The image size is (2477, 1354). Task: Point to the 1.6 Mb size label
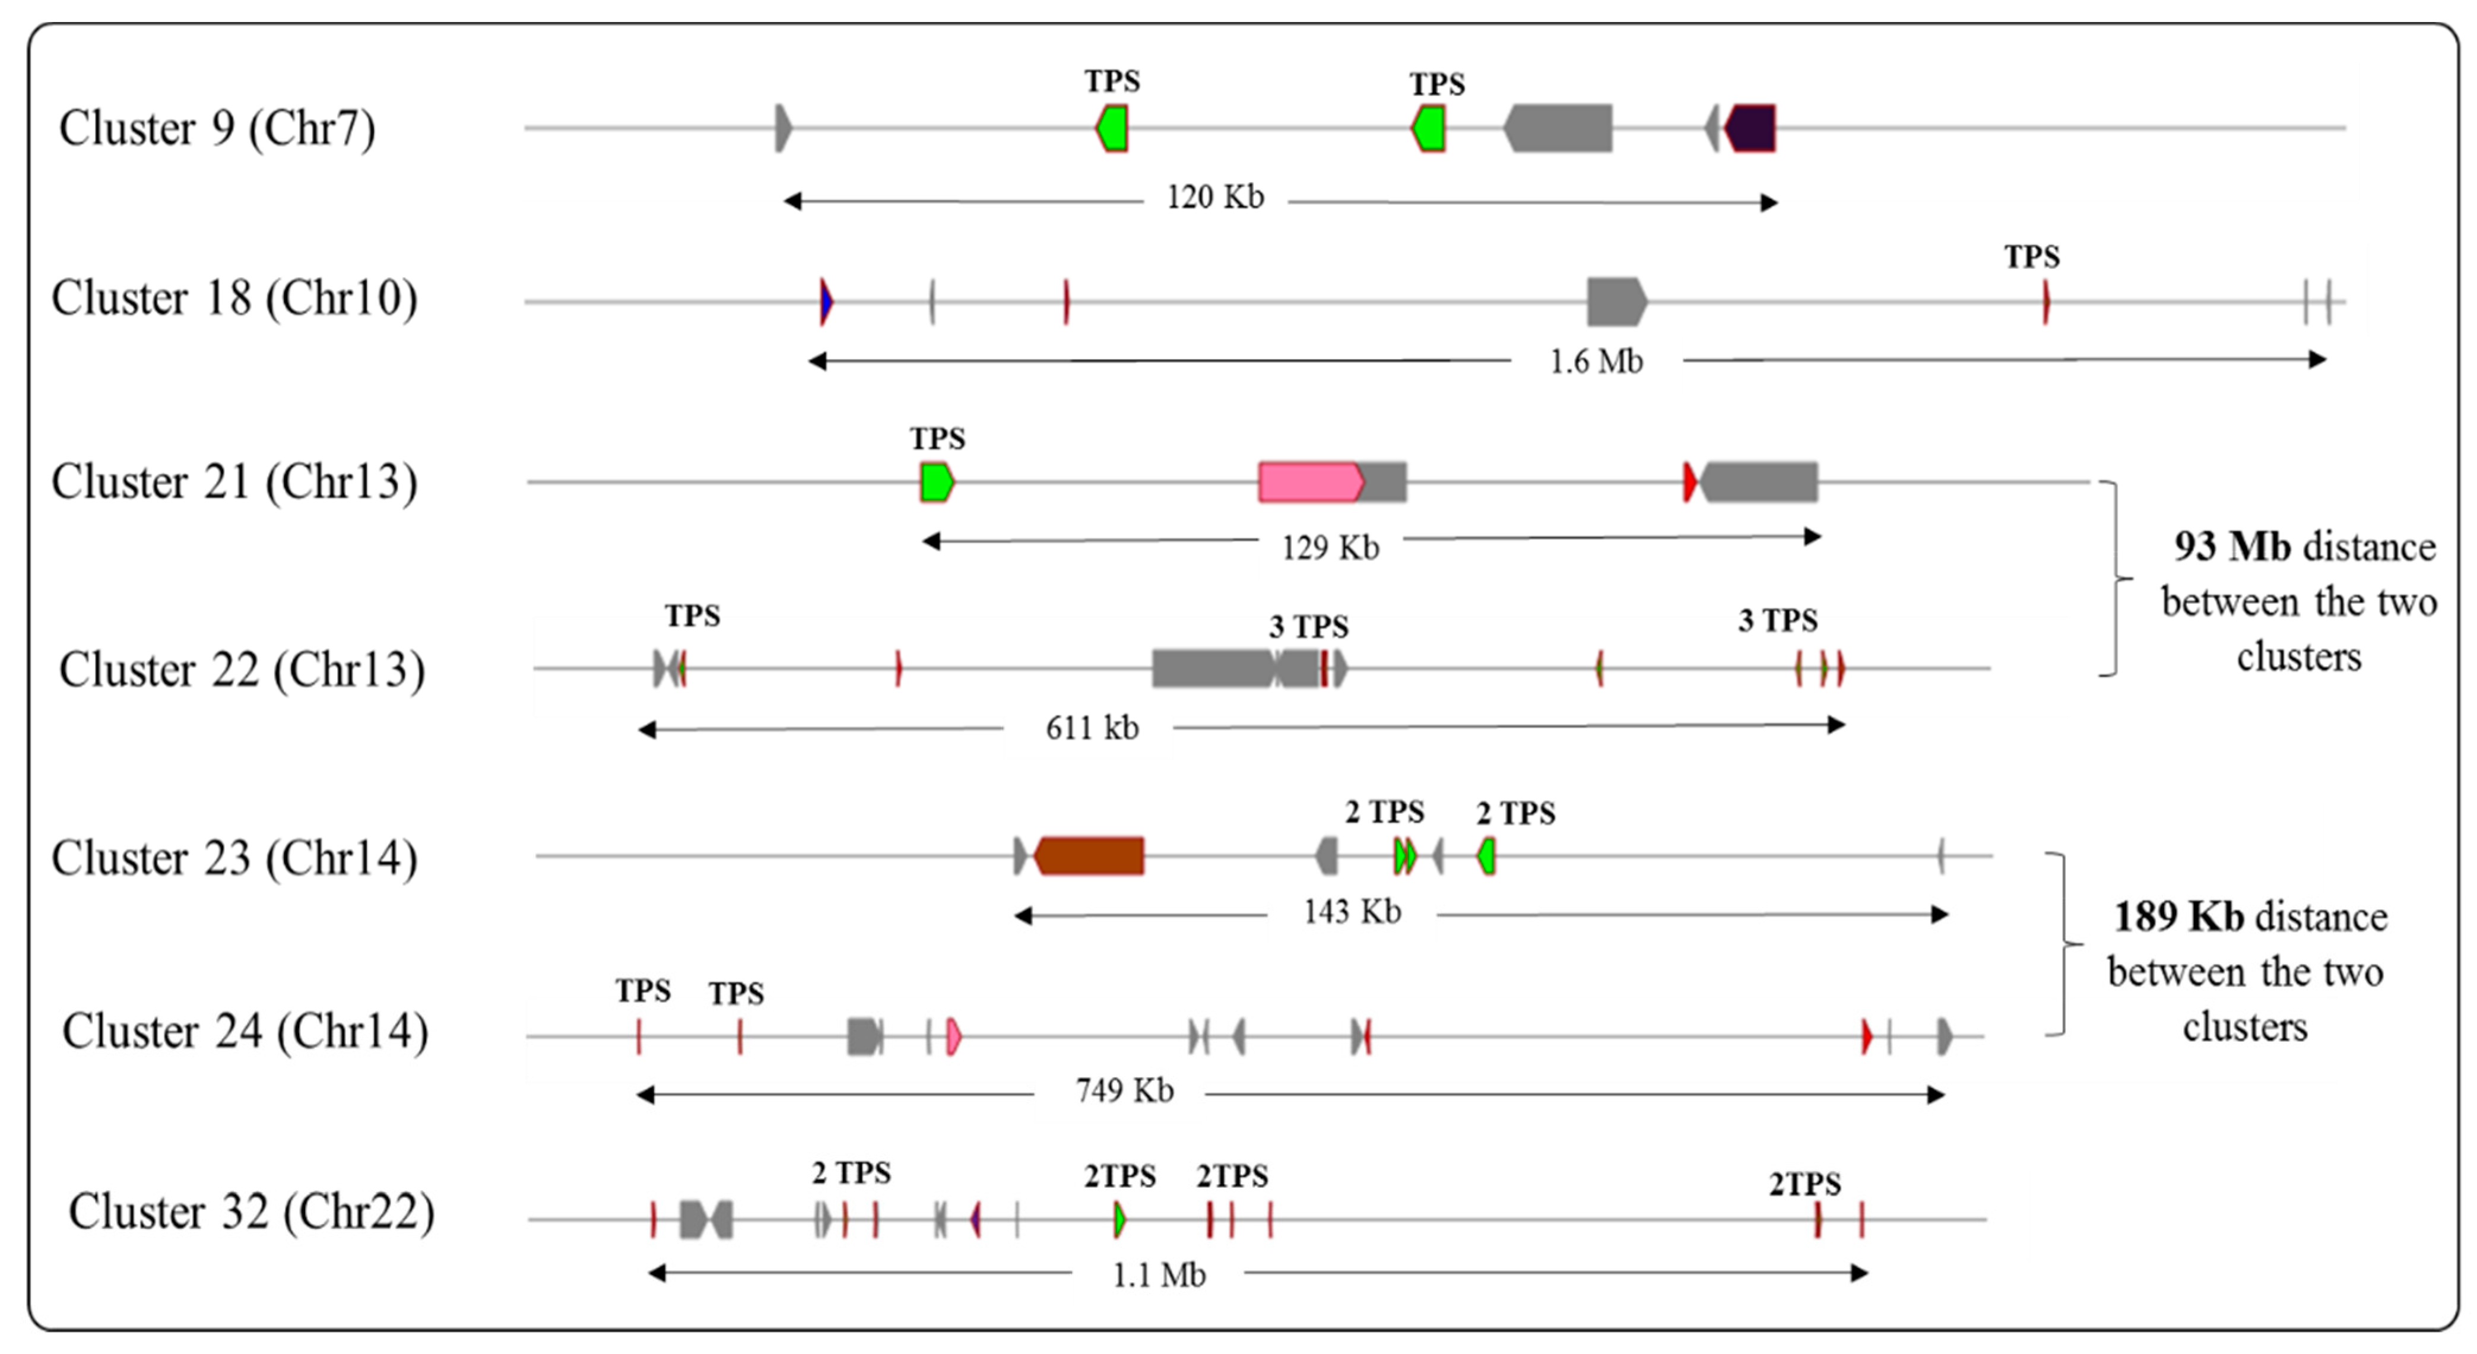[x=1596, y=362]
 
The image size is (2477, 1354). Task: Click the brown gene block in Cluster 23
[x=1089, y=855]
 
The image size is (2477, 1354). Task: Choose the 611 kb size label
[x=1092, y=728]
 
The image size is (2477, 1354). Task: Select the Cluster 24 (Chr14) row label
[x=245, y=1032]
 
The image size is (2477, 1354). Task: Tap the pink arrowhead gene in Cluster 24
[x=953, y=1036]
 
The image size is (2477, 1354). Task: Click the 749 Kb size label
[x=1124, y=1090]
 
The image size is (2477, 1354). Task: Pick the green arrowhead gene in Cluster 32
[x=1119, y=1219]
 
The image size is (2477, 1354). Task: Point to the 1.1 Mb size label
[x=1159, y=1275]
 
